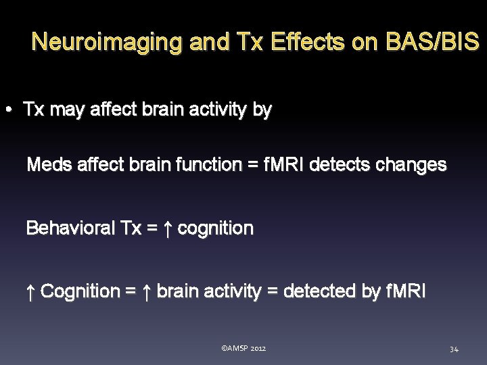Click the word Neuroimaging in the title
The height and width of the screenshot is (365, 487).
(x=108, y=43)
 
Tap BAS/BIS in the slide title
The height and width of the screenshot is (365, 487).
(x=432, y=43)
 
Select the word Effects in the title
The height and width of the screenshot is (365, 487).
(x=308, y=43)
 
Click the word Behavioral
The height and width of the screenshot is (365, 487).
(x=70, y=228)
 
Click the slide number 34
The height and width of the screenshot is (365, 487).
(x=454, y=349)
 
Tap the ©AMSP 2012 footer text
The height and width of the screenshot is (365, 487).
(x=243, y=348)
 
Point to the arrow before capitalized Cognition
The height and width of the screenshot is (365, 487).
(x=30, y=291)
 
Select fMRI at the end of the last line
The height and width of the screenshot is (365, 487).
(x=406, y=291)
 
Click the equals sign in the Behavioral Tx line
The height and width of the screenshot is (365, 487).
(x=152, y=228)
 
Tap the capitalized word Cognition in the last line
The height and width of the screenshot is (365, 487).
(x=80, y=291)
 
